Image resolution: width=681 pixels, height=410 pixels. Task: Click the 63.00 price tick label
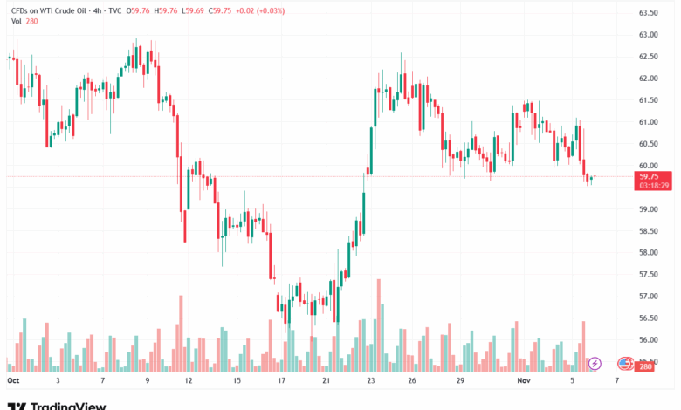pos(648,35)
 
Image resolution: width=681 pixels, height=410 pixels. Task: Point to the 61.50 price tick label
pos(648,100)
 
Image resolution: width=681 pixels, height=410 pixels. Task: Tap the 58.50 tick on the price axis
pos(648,231)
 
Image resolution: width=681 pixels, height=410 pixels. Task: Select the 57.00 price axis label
pos(648,297)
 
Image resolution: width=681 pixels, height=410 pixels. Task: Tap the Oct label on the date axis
pos(12,381)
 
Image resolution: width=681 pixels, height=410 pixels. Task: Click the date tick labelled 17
pos(282,381)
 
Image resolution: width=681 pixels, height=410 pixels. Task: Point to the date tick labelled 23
pos(372,381)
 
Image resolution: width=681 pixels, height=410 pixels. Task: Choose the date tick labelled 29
pos(457,381)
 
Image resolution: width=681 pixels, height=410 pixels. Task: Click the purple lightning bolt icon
pos(595,363)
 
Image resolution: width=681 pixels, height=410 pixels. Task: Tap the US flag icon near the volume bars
pos(625,363)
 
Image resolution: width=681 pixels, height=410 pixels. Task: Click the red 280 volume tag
pos(646,367)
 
